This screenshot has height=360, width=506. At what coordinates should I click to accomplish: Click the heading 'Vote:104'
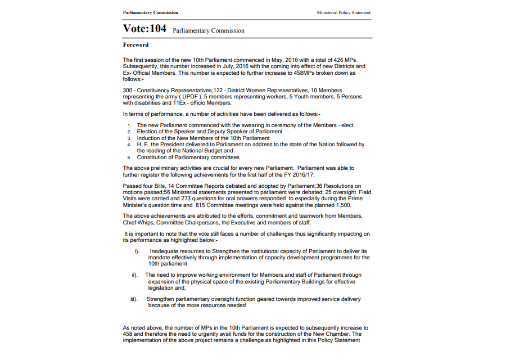[144, 29]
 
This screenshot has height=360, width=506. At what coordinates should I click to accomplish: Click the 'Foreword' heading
[135, 44]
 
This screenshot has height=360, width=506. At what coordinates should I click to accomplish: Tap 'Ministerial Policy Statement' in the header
[344, 12]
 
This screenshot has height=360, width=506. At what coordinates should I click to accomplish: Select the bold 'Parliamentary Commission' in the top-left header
[150, 12]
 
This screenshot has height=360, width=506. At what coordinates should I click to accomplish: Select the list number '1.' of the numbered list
[129, 125]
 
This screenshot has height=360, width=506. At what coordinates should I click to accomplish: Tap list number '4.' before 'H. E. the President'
[129, 145]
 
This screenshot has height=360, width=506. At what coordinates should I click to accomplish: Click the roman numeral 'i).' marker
[137, 251]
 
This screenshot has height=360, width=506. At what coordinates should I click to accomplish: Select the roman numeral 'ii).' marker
[135, 276]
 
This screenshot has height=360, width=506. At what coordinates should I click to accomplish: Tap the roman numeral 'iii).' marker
[134, 299]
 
